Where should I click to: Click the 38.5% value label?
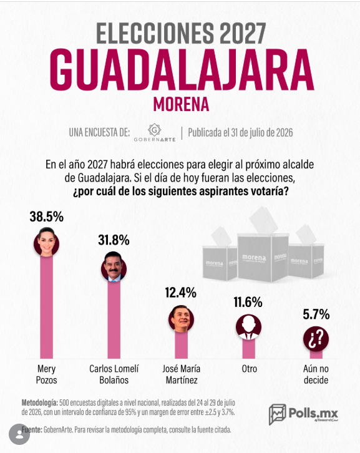(x=47, y=217)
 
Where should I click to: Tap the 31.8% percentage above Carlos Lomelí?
(x=114, y=240)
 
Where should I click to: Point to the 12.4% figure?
(x=181, y=293)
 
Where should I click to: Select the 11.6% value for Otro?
(x=248, y=303)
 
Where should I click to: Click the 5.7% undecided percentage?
(x=316, y=314)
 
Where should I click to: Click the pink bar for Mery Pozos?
(x=47, y=306)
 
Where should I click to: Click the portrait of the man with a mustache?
(x=114, y=267)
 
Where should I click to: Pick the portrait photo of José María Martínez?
(x=181, y=319)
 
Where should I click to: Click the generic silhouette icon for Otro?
(x=248, y=327)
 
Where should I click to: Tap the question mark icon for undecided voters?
(x=316, y=339)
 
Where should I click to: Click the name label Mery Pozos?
(x=47, y=374)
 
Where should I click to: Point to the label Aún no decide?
(x=316, y=374)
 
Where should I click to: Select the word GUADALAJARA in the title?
(x=182, y=71)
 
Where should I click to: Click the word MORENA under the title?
(x=181, y=105)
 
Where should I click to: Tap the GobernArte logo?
(x=155, y=132)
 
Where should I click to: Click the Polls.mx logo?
(x=303, y=414)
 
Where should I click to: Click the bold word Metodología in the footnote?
(x=39, y=402)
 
